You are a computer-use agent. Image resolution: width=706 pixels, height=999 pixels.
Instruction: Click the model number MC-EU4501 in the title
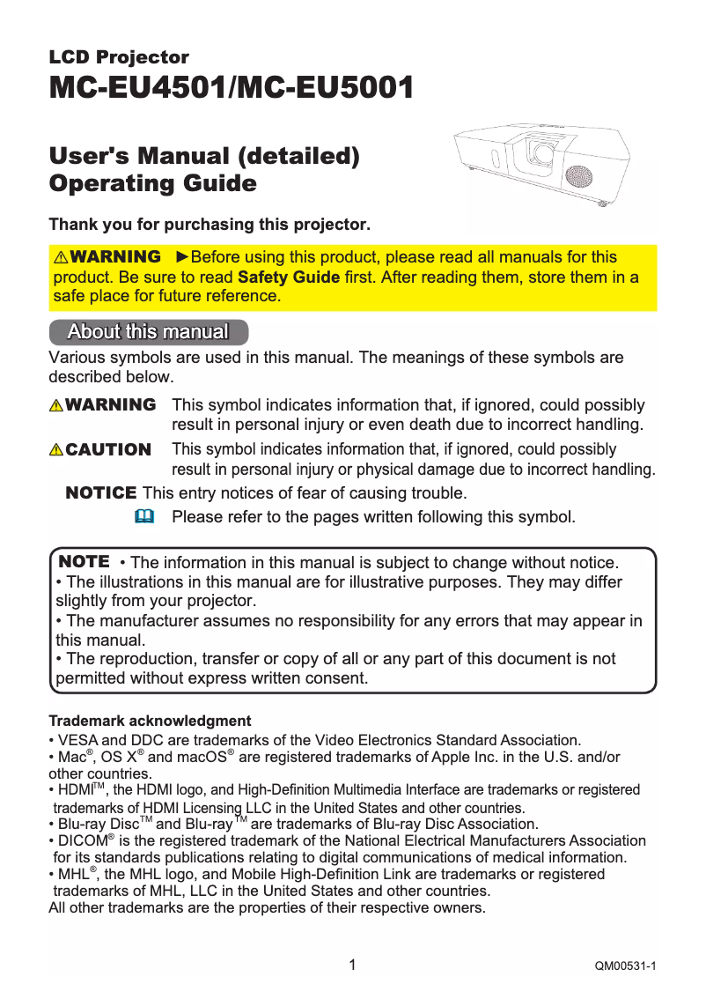(136, 88)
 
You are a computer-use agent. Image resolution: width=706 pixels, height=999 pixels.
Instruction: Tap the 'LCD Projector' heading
(119, 57)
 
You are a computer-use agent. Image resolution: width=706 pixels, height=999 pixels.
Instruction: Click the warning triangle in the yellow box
(61, 258)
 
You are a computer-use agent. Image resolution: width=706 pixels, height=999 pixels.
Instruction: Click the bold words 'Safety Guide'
(289, 277)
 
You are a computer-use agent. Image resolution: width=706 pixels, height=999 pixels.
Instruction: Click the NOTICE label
(101, 492)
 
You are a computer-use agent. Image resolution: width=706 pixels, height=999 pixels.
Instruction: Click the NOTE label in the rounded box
(84, 562)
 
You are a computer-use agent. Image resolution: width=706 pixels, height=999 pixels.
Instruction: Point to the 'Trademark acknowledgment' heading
(150, 721)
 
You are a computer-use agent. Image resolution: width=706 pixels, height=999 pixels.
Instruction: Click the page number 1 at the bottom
(352, 965)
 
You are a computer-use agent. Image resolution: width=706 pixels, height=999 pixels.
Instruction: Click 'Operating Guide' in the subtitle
(153, 184)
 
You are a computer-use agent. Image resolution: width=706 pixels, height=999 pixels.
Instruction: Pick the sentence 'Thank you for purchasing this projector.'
(210, 225)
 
